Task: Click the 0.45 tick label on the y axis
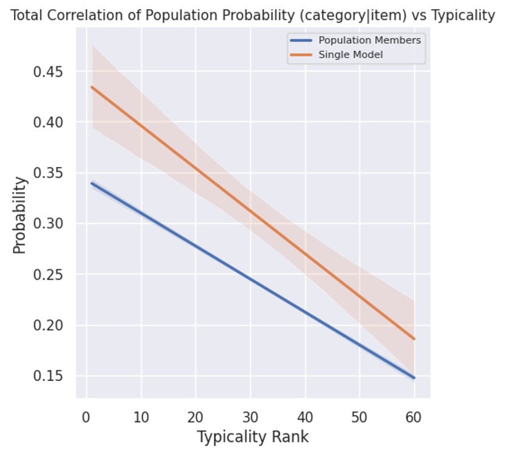coord(50,72)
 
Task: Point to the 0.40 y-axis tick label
coord(50,122)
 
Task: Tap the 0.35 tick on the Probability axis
coord(50,173)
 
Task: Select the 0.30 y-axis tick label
coord(50,224)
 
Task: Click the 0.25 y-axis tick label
coord(50,275)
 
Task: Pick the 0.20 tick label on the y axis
coord(50,325)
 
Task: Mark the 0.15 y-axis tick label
coord(50,376)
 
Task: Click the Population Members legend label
coord(369,41)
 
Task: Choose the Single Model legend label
coord(350,55)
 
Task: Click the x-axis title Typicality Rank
coord(253,437)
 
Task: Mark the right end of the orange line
coord(414,339)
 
